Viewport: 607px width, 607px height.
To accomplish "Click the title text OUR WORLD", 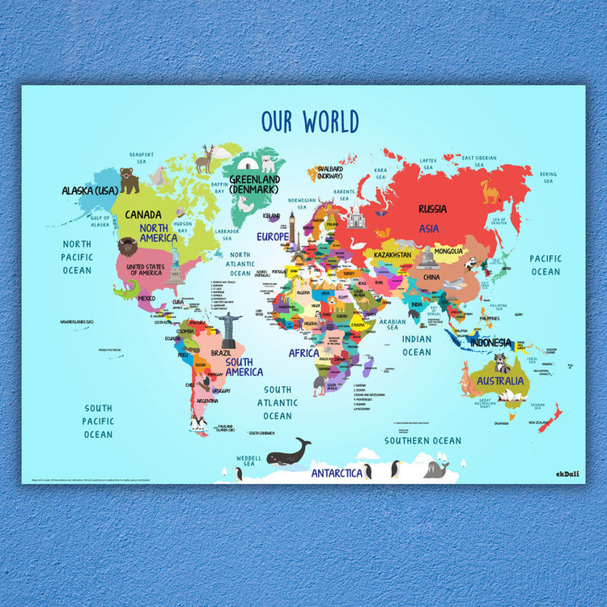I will (x=310, y=122).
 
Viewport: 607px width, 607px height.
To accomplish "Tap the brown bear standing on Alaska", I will (x=129, y=180).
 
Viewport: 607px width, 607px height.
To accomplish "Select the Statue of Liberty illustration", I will (x=176, y=270).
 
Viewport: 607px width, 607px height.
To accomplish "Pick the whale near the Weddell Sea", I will (x=288, y=451).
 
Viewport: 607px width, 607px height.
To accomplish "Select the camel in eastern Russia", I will (x=490, y=191).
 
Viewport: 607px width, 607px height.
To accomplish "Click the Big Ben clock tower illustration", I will (x=292, y=225).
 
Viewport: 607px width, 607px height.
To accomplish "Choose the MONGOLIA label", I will (x=448, y=251).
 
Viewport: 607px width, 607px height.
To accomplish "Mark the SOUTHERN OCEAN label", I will (x=422, y=440).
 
